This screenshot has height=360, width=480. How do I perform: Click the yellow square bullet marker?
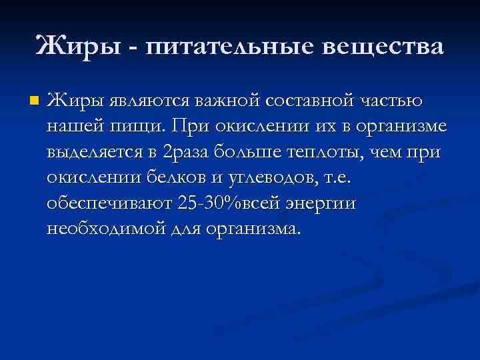click(35, 102)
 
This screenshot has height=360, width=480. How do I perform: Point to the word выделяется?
click(94, 152)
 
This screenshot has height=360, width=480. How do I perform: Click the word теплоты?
click(317, 152)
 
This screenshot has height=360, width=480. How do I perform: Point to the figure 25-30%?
click(207, 203)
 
